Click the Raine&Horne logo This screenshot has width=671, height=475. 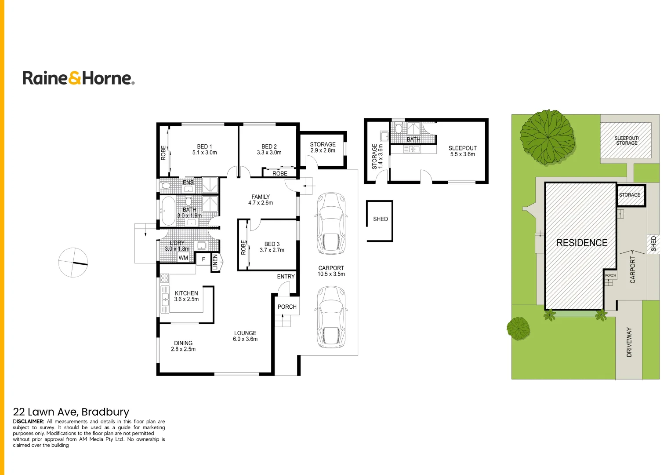(x=78, y=78)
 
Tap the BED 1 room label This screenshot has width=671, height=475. (x=204, y=146)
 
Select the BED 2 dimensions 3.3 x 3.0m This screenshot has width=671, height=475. (x=269, y=153)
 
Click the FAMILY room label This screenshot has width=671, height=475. (x=261, y=197)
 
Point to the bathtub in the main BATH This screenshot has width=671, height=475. (x=168, y=211)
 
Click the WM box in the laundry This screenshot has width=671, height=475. (x=183, y=258)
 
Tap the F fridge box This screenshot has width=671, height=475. (x=203, y=259)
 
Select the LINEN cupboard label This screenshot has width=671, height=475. (x=215, y=262)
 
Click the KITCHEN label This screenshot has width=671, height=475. (x=186, y=293)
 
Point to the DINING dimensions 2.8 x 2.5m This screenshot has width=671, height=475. (x=183, y=349)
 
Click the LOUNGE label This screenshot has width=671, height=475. (x=245, y=333)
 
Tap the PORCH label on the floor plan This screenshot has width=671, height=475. (x=287, y=307)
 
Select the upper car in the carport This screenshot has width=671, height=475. (x=331, y=223)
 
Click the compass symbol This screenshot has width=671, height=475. (x=73, y=263)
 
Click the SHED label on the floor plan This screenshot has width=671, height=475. (x=381, y=219)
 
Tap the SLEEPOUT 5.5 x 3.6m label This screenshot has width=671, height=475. (x=462, y=151)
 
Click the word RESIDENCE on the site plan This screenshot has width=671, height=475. (x=582, y=243)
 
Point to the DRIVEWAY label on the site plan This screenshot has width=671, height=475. (x=629, y=342)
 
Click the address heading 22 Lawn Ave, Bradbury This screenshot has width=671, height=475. (x=71, y=412)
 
